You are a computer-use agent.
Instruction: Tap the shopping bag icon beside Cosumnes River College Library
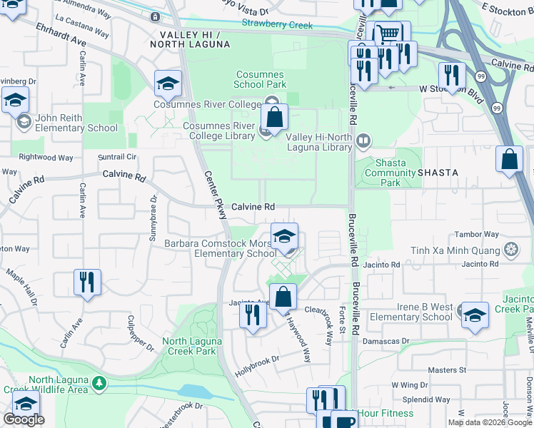coord(274,118)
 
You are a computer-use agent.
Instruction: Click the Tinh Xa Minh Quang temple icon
coord(511,250)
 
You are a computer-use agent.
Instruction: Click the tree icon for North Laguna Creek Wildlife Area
coord(100,384)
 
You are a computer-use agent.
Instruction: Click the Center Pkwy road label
coord(213,199)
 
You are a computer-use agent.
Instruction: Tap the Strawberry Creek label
coord(277,26)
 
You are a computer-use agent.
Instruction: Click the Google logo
coord(24,419)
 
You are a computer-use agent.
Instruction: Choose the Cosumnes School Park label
coord(259,79)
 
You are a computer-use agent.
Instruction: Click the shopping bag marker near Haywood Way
coord(283,297)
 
